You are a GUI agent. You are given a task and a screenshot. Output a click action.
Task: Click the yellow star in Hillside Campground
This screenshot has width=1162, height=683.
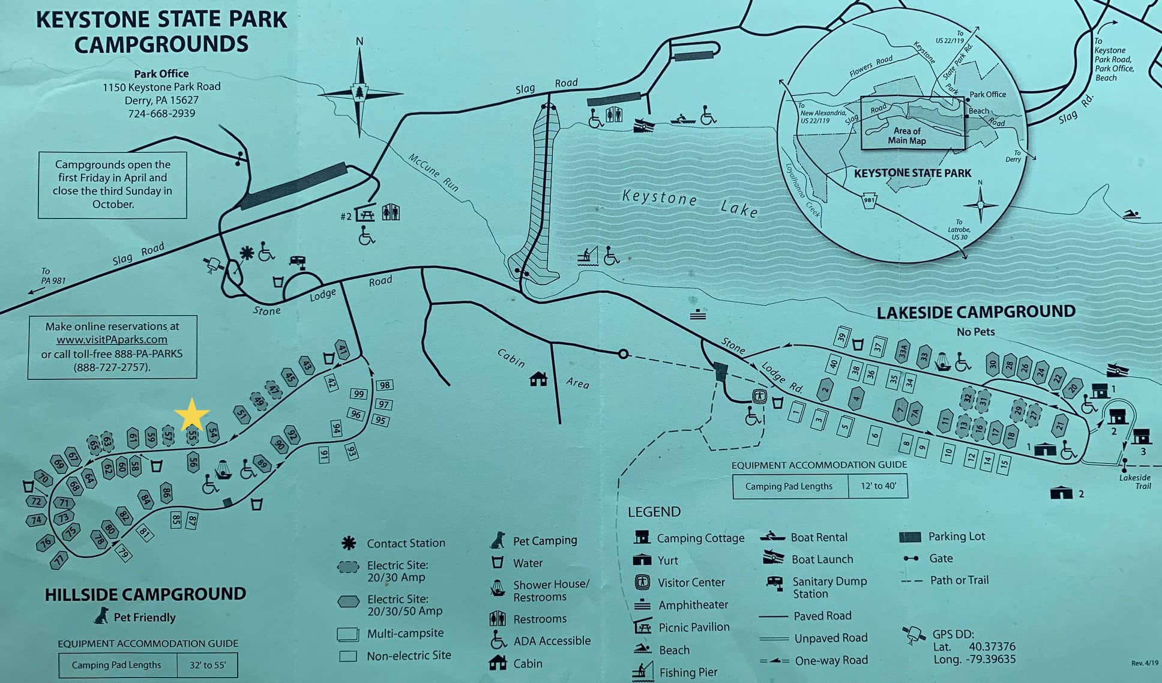(191, 414)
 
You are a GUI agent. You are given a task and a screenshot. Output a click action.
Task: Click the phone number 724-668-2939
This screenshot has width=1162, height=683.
(161, 113)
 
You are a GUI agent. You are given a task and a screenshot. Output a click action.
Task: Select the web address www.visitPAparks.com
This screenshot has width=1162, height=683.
(112, 340)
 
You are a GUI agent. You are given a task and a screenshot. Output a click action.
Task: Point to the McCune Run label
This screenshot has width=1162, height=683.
(433, 172)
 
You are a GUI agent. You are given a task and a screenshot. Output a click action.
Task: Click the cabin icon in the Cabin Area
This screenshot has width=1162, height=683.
(538, 379)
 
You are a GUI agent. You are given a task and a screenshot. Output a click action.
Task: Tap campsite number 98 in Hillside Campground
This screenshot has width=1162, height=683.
(384, 385)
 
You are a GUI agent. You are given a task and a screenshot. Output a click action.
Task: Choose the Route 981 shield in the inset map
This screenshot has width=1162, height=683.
(868, 200)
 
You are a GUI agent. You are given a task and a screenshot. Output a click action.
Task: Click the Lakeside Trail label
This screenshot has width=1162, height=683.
(1134, 481)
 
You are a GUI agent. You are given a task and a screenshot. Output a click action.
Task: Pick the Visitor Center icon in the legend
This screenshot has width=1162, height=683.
(642, 582)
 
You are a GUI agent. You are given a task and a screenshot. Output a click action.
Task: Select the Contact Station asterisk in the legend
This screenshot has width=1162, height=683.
(348, 543)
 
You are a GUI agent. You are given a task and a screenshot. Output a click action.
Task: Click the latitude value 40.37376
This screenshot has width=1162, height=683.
(992, 646)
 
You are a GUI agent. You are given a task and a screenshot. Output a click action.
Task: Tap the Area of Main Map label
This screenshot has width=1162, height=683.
(906, 136)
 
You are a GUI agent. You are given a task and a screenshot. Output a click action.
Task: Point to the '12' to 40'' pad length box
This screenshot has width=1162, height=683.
(878, 486)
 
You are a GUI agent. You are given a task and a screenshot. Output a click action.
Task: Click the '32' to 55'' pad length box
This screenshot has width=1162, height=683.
(208, 665)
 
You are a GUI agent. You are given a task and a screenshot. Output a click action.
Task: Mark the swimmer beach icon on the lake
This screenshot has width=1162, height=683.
(1131, 214)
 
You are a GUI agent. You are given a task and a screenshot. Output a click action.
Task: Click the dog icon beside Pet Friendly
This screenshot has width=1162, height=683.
(101, 616)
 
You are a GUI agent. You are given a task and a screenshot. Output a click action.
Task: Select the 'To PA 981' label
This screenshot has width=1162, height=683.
(53, 276)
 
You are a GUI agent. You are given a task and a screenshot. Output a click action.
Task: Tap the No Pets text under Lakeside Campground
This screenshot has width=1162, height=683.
(975, 331)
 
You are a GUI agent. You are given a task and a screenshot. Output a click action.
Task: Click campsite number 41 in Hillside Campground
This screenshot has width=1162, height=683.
(342, 349)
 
